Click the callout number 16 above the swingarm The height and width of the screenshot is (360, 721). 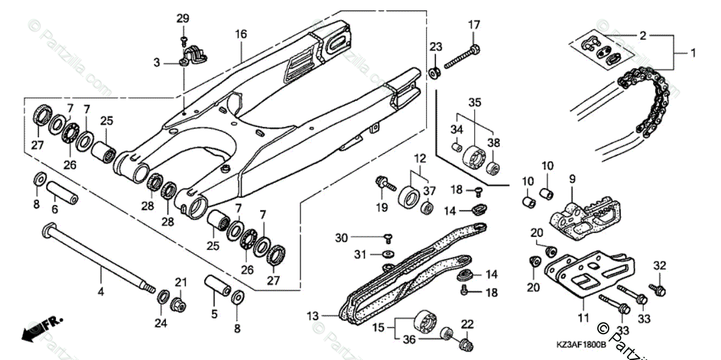(241, 34)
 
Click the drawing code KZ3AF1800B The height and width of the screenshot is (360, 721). (581, 346)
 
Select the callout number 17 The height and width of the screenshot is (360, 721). (475, 25)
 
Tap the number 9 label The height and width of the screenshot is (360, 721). (572, 179)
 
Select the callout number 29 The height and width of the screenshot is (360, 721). (183, 19)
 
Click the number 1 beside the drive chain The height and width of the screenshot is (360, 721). (692, 53)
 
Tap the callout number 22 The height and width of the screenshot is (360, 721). (467, 325)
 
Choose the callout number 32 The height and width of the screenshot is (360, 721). (660, 265)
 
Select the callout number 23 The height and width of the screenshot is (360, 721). (436, 46)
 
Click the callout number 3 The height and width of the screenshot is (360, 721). (157, 62)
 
